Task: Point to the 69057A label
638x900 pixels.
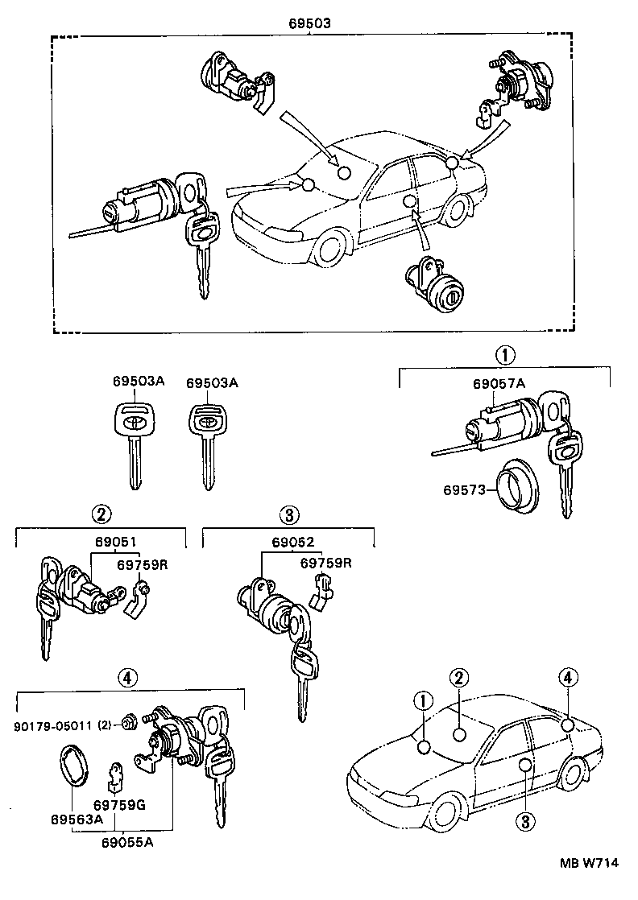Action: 499,384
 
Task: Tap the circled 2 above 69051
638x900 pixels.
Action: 101,514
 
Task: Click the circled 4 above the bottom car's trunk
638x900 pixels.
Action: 568,678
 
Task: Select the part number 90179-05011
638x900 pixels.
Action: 53,725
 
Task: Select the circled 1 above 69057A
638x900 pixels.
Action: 504,354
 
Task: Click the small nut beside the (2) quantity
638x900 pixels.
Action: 127,721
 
